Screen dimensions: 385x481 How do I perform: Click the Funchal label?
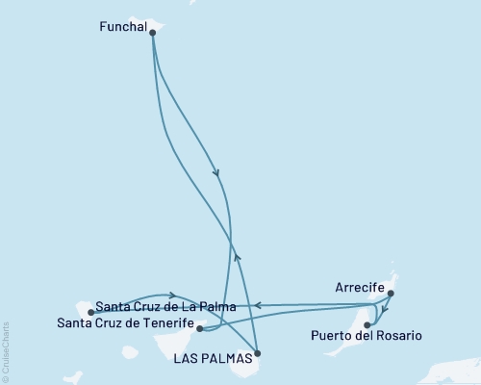point(123,28)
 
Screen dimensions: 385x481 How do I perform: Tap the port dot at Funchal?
point(153,33)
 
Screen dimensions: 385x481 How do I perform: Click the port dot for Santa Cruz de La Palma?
point(90,312)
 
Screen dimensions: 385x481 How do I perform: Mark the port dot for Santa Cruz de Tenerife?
point(199,328)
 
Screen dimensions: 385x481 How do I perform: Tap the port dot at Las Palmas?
point(257,353)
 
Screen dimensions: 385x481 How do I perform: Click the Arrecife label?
point(361,288)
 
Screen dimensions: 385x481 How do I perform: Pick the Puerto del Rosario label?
point(367,336)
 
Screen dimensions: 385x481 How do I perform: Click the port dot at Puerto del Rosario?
point(367,325)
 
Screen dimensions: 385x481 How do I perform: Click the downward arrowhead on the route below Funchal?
point(216,174)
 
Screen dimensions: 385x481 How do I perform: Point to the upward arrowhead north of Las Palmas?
point(238,257)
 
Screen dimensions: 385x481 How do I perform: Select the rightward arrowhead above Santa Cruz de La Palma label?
point(171,295)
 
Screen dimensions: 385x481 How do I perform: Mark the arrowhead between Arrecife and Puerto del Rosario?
point(385,310)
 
